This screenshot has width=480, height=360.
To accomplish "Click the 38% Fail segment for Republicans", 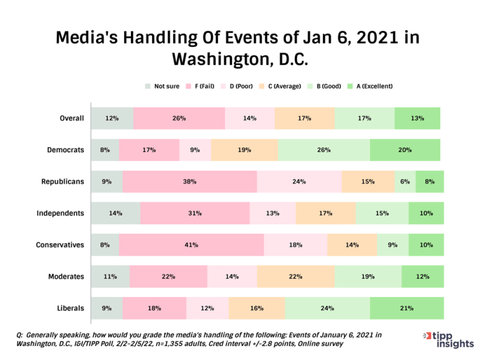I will [190, 182].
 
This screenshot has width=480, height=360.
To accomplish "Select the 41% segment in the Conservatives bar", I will [191, 245].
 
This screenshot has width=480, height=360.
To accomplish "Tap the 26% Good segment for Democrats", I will [324, 150].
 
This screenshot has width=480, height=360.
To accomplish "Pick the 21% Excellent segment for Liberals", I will [406, 308].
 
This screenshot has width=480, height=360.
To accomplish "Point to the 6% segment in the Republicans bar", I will [405, 182].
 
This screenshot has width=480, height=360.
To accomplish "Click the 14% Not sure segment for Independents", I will [115, 213].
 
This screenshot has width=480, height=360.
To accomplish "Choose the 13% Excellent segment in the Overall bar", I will [417, 119].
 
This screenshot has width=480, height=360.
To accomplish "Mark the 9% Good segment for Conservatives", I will [393, 245].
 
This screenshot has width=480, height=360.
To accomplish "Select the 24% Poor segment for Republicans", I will [299, 182].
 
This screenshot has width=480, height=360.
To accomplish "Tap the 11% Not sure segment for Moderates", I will [110, 276].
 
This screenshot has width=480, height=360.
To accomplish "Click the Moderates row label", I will [66, 276].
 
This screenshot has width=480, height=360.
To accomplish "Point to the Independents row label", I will [60, 213].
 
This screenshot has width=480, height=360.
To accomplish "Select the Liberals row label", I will [70, 308].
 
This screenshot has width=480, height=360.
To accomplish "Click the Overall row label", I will [71, 119].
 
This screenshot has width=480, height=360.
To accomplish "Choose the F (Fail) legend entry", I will [201, 86].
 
